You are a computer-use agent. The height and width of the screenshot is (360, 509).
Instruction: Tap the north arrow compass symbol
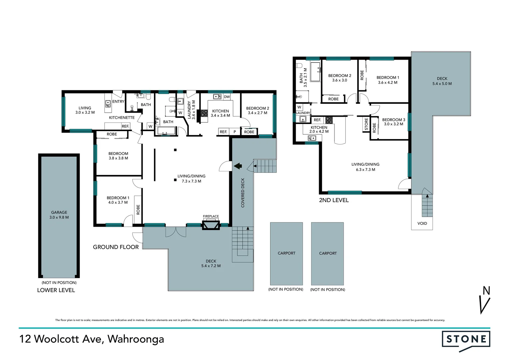(x=485, y=300)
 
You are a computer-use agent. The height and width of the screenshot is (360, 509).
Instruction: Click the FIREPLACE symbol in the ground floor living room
(x=211, y=225)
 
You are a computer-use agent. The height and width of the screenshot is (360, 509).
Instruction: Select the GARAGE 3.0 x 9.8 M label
(x=59, y=215)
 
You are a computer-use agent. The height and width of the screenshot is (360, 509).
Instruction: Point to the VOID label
(x=422, y=223)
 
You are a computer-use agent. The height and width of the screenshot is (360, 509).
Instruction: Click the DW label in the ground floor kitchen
(x=227, y=97)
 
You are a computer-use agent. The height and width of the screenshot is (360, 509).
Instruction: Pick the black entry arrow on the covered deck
(x=238, y=166)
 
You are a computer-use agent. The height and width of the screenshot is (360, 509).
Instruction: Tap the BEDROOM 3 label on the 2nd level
(x=393, y=122)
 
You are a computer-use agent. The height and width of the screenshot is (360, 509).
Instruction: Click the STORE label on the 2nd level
(x=366, y=124)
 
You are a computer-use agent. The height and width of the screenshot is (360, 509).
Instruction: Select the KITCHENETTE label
(x=122, y=118)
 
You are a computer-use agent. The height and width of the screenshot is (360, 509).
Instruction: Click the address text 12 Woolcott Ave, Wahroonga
(x=92, y=339)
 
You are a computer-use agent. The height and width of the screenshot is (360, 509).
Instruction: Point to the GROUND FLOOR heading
(x=116, y=247)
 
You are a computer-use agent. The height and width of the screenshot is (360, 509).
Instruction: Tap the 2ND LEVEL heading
(x=334, y=200)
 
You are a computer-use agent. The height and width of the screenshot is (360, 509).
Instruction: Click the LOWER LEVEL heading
(x=56, y=290)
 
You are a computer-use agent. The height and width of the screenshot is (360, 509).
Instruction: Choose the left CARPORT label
(x=286, y=253)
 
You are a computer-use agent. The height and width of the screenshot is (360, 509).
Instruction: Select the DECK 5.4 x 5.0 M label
(x=442, y=81)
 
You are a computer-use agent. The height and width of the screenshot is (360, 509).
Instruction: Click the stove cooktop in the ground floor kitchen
(x=204, y=113)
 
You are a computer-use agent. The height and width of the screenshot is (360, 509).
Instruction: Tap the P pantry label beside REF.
(x=235, y=132)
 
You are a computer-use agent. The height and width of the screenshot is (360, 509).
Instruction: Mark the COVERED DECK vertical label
(x=243, y=193)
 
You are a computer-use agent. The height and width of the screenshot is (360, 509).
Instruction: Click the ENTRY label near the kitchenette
(x=118, y=102)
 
